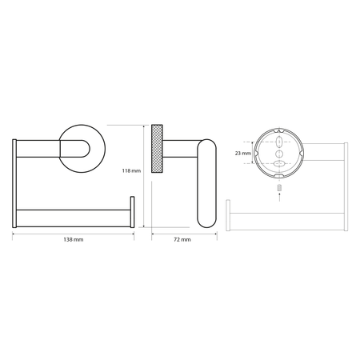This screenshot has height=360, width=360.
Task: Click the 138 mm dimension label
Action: tap(74, 239)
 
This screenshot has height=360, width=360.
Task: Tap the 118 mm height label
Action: tap(131, 170)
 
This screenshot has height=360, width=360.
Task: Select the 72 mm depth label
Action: tap(182, 239)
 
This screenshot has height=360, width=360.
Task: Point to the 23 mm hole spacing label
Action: tap(243, 154)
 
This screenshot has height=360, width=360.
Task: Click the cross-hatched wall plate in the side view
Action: tap(157, 149)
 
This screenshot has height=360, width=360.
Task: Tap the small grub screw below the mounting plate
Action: tap(279, 187)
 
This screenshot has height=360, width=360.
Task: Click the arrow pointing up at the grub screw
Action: tap(279, 197)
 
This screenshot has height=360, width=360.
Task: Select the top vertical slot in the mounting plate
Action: tap(279, 142)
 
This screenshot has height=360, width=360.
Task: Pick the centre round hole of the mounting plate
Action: tap(279, 154)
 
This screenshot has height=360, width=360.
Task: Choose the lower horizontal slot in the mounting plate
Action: tap(279, 163)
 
